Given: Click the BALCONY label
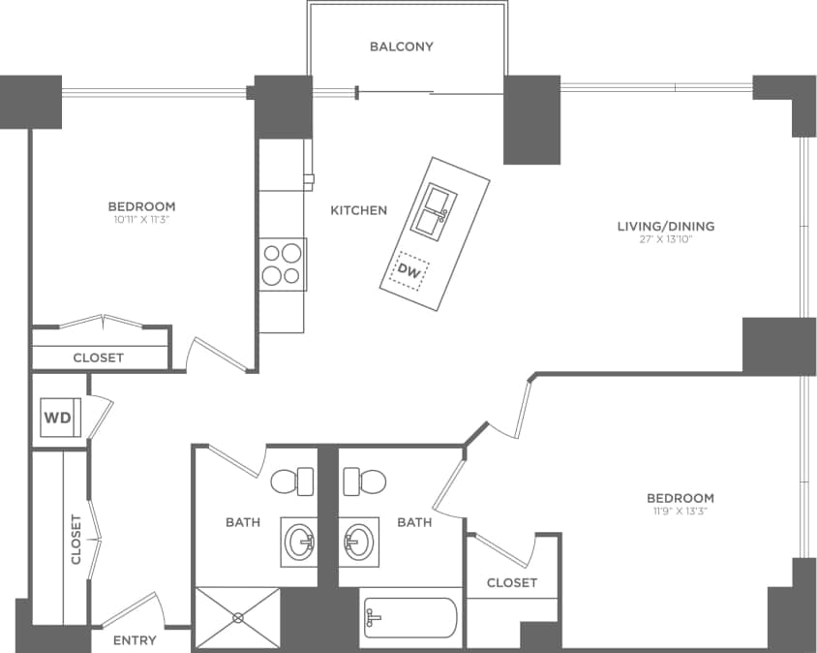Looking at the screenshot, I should coord(401,47).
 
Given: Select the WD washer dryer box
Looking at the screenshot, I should coord(56,420).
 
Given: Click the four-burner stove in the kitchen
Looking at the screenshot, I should coord(283,264).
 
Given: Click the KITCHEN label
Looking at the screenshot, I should coord(358,210).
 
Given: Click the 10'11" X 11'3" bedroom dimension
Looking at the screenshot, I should coord(141,220).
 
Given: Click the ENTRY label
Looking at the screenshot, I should coord(136,640).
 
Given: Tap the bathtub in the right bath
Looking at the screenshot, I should coord(408,618).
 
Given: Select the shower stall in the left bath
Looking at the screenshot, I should coord(238,616).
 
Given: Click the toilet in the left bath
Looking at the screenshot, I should coord(292,481).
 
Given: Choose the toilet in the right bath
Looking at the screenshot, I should coord(365,481).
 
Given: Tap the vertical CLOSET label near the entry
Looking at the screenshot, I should coord(76,539).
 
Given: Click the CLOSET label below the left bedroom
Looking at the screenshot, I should coord(99,358).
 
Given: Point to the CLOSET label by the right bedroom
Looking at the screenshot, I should coord(512,582).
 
